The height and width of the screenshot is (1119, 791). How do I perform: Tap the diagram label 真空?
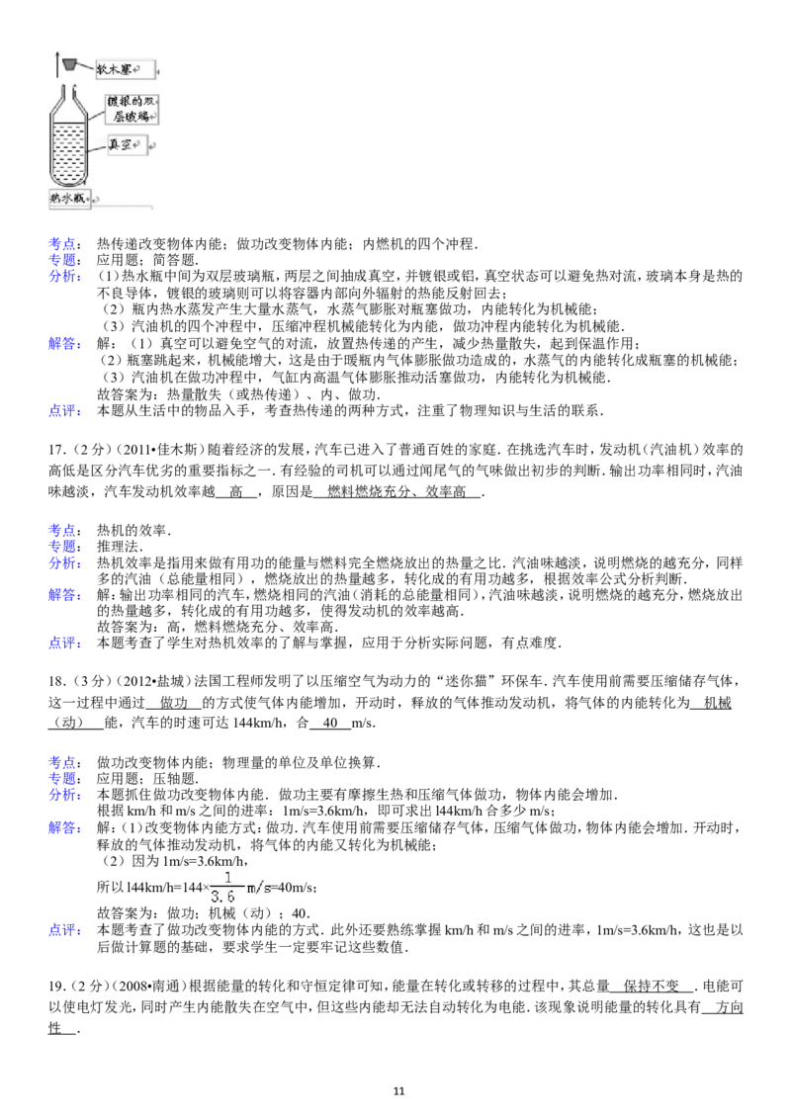pyautogui.click(x=120, y=145)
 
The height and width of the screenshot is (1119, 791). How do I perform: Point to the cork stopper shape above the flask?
pyautogui.click(x=69, y=65)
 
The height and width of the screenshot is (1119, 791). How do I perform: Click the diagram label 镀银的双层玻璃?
pyautogui.click(x=132, y=109)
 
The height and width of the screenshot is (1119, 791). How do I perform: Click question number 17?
pyautogui.click(x=56, y=450)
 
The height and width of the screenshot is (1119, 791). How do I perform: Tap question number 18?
pyautogui.click(x=56, y=681)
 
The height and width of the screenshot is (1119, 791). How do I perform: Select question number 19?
pyautogui.click(x=56, y=987)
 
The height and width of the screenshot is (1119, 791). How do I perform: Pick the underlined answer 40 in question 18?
pyautogui.click(x=330, y=723)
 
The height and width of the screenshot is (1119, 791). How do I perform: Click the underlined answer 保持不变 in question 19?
pyautogui.click(x=652, y=987)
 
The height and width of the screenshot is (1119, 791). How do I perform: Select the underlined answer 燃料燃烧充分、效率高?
pyautogui.click(x=396, y=491)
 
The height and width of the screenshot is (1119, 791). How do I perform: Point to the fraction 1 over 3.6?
pyautogui.click(x=227, y=887)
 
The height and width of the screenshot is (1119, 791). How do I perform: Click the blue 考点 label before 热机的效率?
pyautogui.click(x=64, y=530)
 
